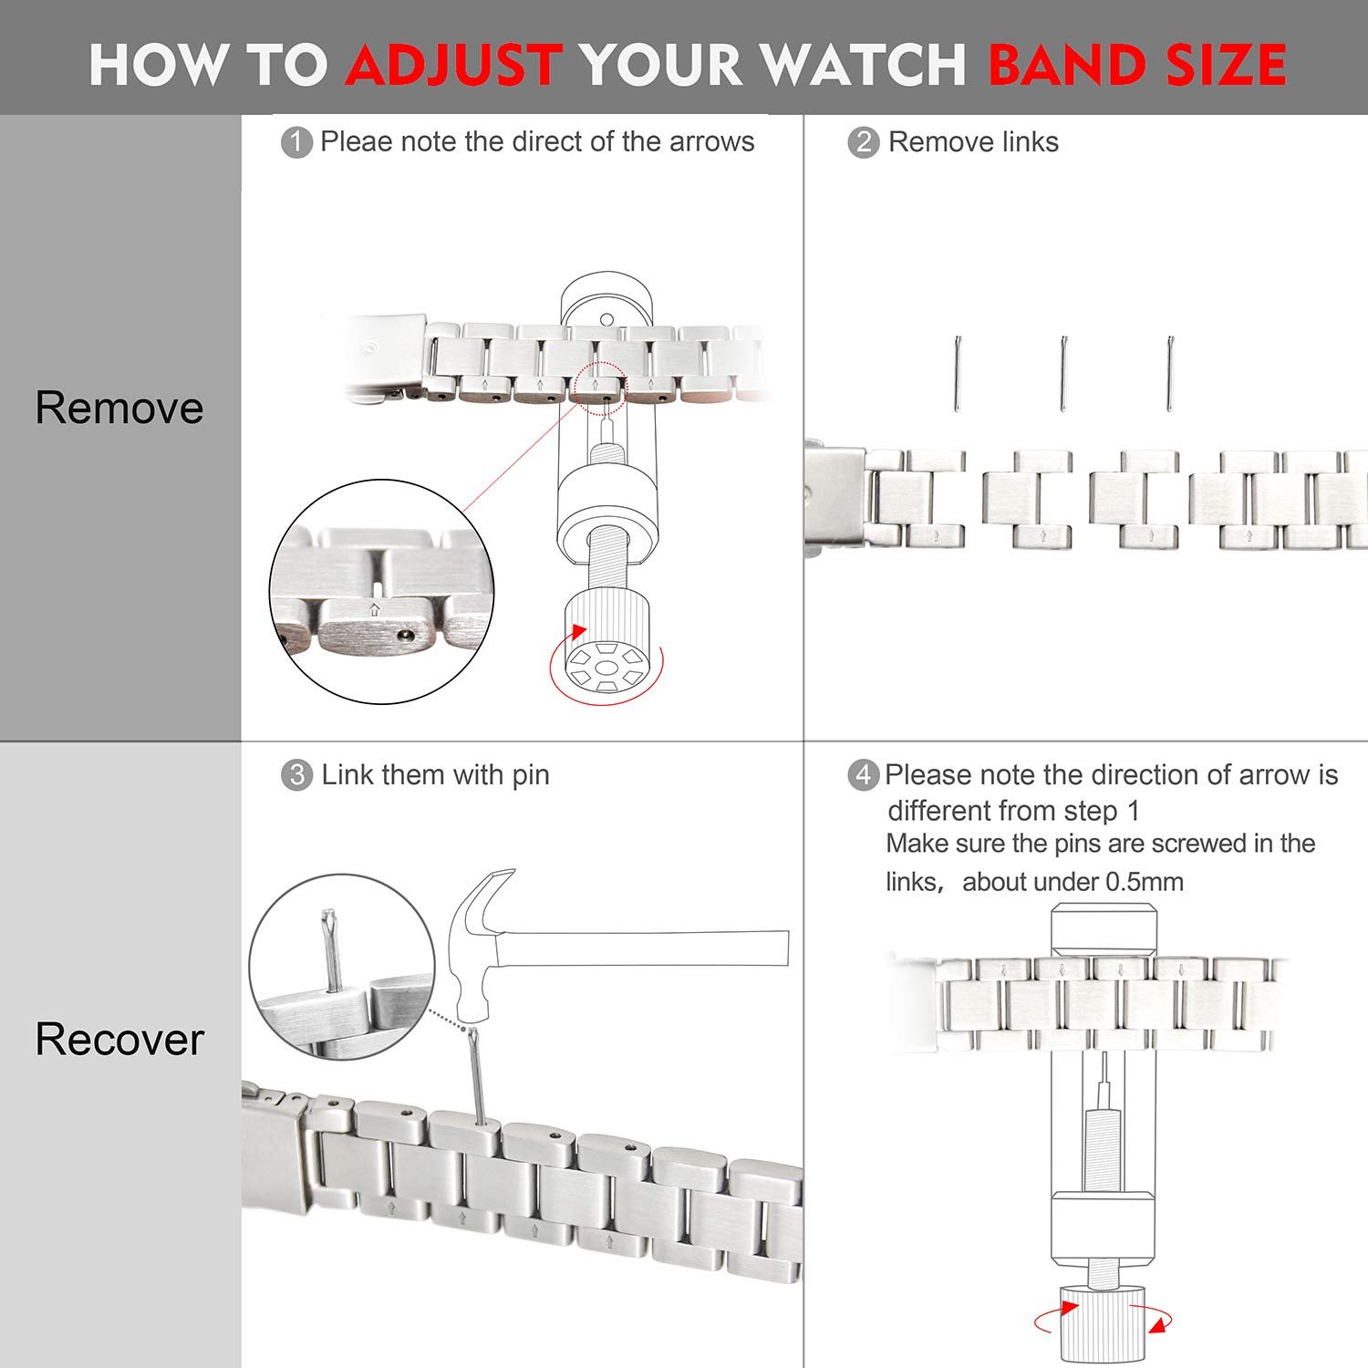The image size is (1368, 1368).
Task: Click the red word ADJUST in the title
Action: [452, 64]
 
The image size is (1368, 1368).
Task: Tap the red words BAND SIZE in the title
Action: [1137, 64]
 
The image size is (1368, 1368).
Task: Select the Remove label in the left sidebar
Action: [119, 407]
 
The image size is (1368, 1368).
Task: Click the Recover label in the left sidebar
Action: [119, 1039]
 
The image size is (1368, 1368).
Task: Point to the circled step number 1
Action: [296, 143]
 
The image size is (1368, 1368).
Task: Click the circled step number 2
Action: [863, 143]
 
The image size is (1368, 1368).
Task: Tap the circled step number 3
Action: [296, 776]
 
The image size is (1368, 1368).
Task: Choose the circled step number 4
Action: [863, 776]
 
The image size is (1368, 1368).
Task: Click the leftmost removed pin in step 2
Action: [958, 374]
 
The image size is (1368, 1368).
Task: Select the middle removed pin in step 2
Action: [1063, 374]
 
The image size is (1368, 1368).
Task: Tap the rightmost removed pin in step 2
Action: [1170, 374]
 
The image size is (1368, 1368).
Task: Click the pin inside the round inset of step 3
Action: [333, 948]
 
